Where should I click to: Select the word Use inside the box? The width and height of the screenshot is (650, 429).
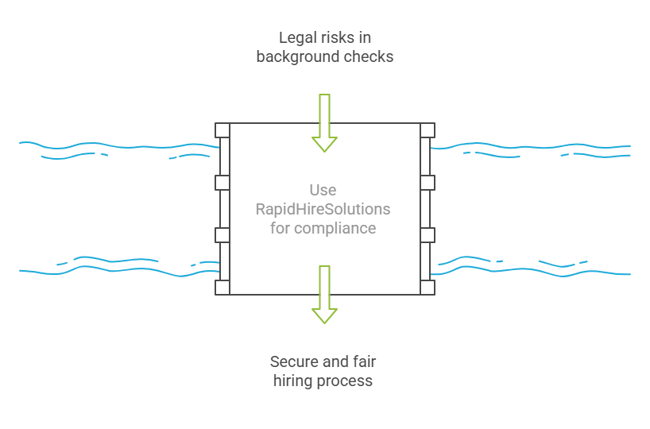[323, 190]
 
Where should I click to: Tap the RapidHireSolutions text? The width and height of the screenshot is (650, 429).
[323, 209]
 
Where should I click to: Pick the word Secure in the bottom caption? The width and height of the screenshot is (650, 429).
[296, 361]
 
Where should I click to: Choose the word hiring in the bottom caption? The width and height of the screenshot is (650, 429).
[293, 381]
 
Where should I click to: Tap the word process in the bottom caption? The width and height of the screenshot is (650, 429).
[345, 381]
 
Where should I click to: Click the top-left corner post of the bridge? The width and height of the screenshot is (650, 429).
[222, 130]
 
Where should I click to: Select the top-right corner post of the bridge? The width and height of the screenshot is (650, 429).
[428, 130]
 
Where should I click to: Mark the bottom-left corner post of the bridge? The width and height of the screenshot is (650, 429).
[222, 287]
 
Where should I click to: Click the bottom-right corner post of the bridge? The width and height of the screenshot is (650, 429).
[428, 287]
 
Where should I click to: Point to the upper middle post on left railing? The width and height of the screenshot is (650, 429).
[222, 183]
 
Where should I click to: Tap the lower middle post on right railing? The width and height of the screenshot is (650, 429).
[428, 235]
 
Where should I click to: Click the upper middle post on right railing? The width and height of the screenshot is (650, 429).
[428, 183]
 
